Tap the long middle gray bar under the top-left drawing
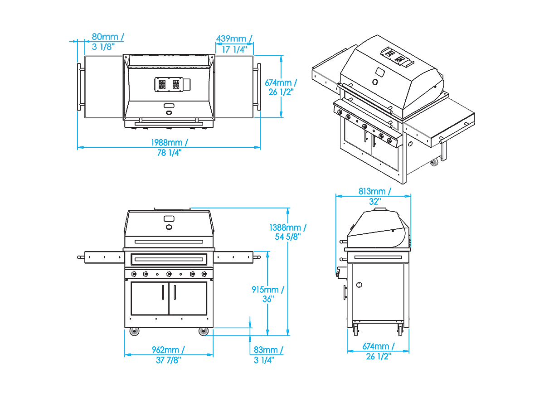click(x=169, y=121)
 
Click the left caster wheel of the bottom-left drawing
click(x=134, y=332)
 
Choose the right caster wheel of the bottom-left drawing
click(x=204, y=332)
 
